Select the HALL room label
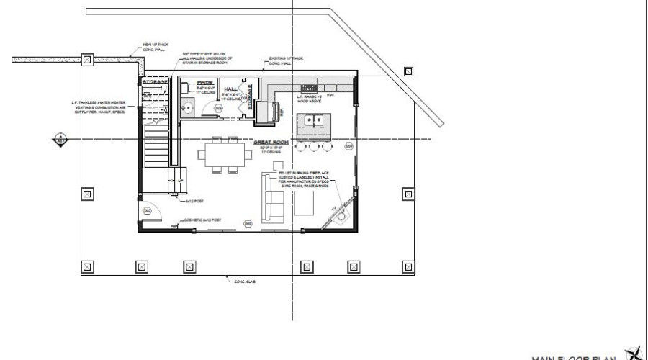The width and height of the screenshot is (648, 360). point(230,89)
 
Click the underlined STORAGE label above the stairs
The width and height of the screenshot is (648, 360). point(155,82)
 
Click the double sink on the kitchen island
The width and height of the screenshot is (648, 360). point(315,120)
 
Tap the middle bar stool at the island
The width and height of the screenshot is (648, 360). point(315,146)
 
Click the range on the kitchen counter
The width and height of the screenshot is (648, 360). point(310,89)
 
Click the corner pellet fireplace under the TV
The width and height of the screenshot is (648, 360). point(344,216)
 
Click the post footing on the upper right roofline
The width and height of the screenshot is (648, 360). point(409,71)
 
